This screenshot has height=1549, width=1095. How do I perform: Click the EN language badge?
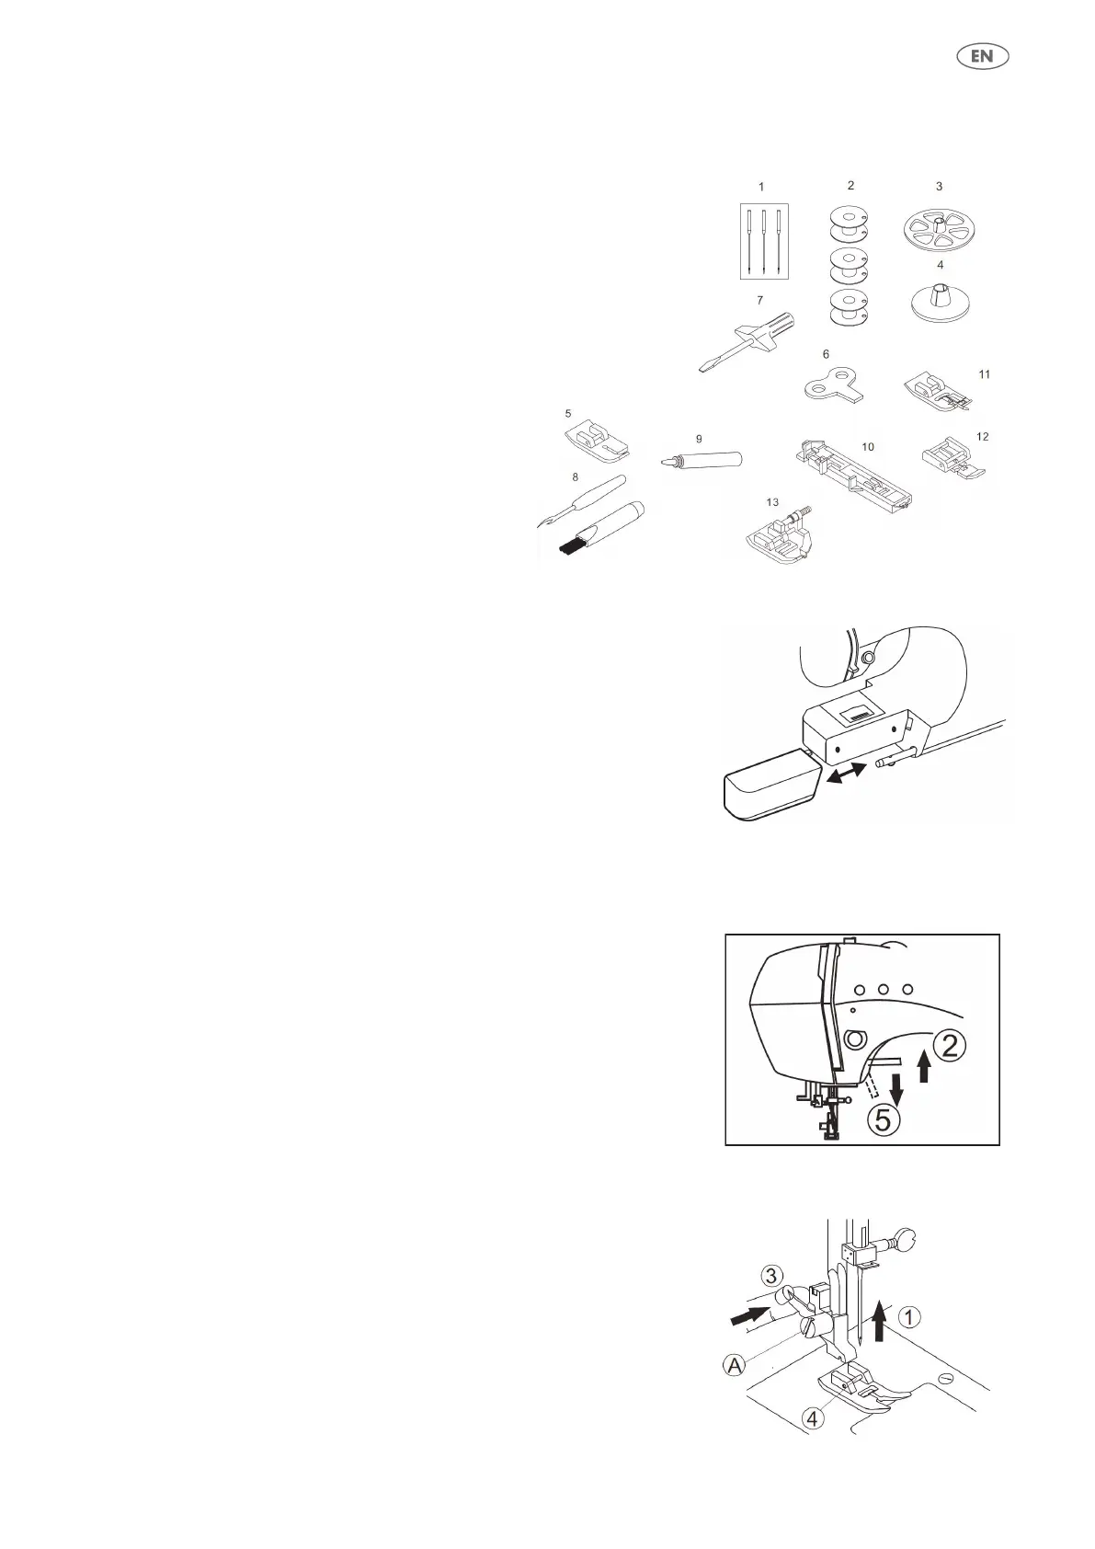pyautogui.click(x=983, y=56)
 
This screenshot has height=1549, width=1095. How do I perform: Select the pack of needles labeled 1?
pyautogui.click(x=764, y=241)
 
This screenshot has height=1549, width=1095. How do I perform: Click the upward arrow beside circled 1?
pyautogui.click(x=880, y=1318)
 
